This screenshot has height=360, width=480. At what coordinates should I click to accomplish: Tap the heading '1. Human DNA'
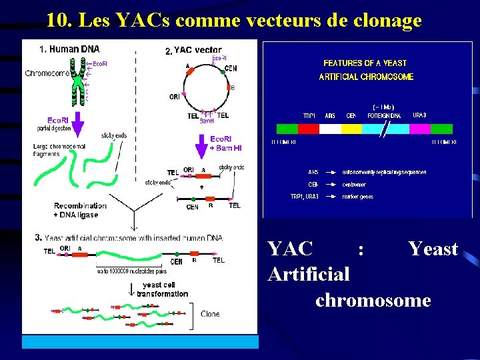[x=69, y=49]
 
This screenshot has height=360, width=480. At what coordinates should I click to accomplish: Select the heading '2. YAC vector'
[x=193, y=50]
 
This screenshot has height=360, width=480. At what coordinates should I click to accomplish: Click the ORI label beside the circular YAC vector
[x=174, y=97]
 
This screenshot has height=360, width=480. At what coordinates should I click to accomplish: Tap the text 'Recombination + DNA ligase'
[x=80, y=210]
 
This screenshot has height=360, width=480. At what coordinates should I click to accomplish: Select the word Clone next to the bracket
[x=210, y=314]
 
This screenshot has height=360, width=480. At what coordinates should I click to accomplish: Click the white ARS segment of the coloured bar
[x=330, y=129]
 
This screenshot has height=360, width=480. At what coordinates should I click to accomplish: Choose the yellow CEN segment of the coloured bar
[x=351, y=129]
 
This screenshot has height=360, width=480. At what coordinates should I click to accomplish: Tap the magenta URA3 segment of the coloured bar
[x=419, y=129]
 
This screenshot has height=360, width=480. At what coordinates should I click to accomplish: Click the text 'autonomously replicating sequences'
[x=384, y=172]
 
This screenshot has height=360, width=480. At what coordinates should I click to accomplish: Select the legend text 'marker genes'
[x=357, y=197]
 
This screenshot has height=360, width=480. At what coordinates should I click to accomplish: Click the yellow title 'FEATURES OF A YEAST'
[x=365, y=63]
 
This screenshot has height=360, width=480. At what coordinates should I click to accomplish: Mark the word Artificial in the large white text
[x=309, y=274]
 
